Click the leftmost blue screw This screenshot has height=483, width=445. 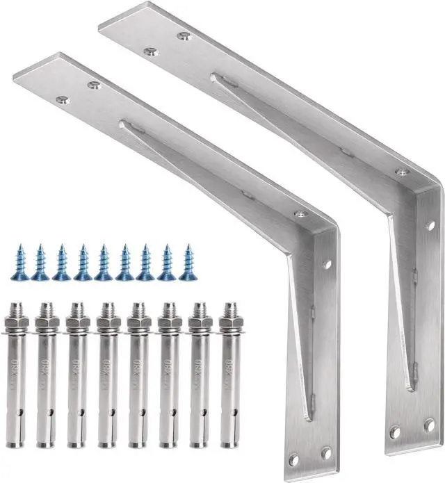[19, 262]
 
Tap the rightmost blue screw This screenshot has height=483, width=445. [186, 262]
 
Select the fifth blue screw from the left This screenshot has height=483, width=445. [104, 262]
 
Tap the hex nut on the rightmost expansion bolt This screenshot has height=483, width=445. [229, 323]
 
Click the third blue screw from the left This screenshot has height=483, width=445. [62, 262]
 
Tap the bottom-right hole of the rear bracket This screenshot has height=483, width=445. [429, 425]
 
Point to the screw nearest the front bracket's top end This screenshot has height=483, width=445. [63, 100]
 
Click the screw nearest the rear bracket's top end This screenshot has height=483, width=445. [148, 51]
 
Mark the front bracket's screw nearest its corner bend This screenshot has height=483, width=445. [300, 214]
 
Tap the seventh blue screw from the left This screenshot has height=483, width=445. [145, 262]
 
